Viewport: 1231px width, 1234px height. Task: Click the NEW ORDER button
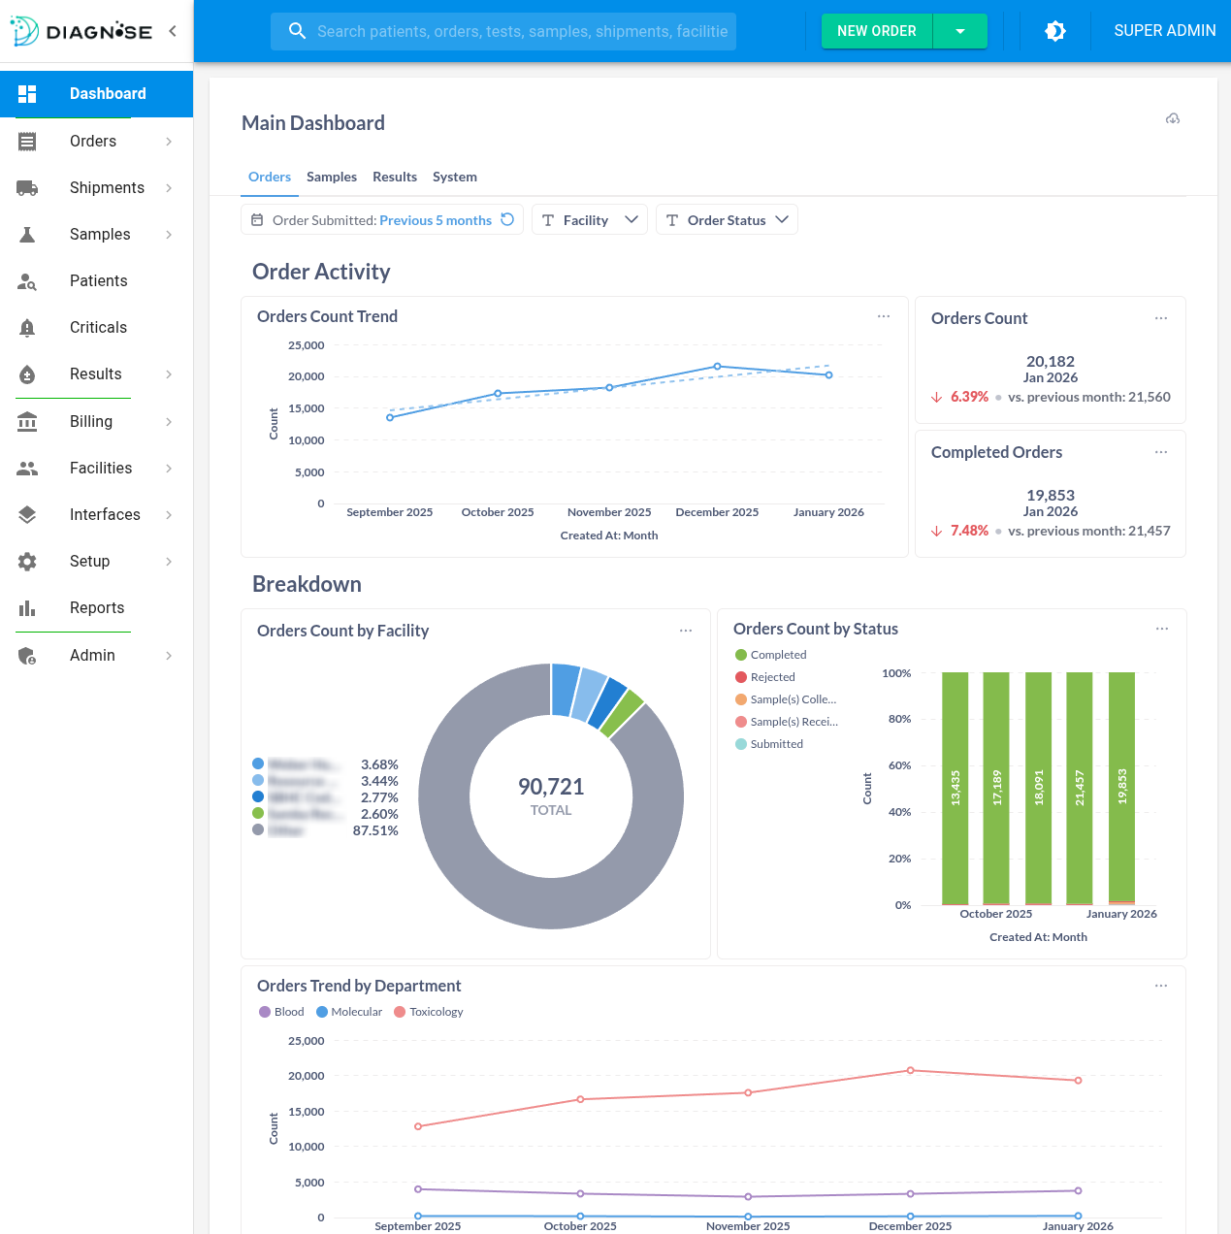(x=876, y=31)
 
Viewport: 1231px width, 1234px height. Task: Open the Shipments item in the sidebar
(x=107, y=187)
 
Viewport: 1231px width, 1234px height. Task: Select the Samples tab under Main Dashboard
(x=331, y=177)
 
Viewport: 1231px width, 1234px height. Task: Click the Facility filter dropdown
(x=589, y=220)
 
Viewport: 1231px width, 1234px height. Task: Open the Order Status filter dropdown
(x=727, y=220)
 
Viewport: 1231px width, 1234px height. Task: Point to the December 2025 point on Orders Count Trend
(x=717, y=367)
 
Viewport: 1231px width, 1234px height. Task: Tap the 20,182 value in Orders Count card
(x=1050, y=361)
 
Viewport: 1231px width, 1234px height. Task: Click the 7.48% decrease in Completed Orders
(x=968, y=531)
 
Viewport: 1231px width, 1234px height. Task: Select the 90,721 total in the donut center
(x=551, y=787)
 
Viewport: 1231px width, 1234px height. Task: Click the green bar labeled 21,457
(x=1079, y=788)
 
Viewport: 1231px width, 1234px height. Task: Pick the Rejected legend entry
(x=772, y=677)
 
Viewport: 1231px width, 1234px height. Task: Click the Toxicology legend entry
(x=436, y=1012)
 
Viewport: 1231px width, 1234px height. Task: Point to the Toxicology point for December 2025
(x=910, y=1070)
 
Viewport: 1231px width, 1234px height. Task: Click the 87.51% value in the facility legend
(x=375, y=830)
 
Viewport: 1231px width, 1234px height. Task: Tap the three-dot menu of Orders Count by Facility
(x=686, y=631)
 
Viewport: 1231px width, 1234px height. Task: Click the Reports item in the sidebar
(x=97, y=607)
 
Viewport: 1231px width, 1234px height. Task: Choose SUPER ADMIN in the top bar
(x=1164, y=31)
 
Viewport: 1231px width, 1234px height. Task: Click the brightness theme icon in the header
(x=1055, y=31)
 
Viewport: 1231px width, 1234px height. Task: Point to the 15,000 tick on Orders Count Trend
(x=307, y=408)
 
